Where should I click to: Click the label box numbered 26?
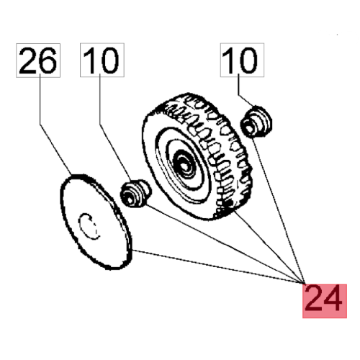(38, 60)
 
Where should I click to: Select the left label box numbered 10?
(102, 60)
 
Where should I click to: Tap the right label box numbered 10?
(242, 60)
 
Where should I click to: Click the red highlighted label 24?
(325, 301)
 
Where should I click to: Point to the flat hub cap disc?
(96, 222)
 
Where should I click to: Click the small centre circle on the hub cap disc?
(89, 226)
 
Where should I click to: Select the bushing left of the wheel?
(136, 193)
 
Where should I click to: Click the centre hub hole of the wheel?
(185, 166)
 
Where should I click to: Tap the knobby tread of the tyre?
(216, 149)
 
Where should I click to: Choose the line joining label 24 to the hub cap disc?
(218, 267)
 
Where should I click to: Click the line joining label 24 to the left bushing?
(225, 244)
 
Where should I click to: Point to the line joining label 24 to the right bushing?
(279, 210)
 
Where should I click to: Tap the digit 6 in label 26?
(49, 60)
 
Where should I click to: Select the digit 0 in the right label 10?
(249, 60)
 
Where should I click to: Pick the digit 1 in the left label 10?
(90, 60)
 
